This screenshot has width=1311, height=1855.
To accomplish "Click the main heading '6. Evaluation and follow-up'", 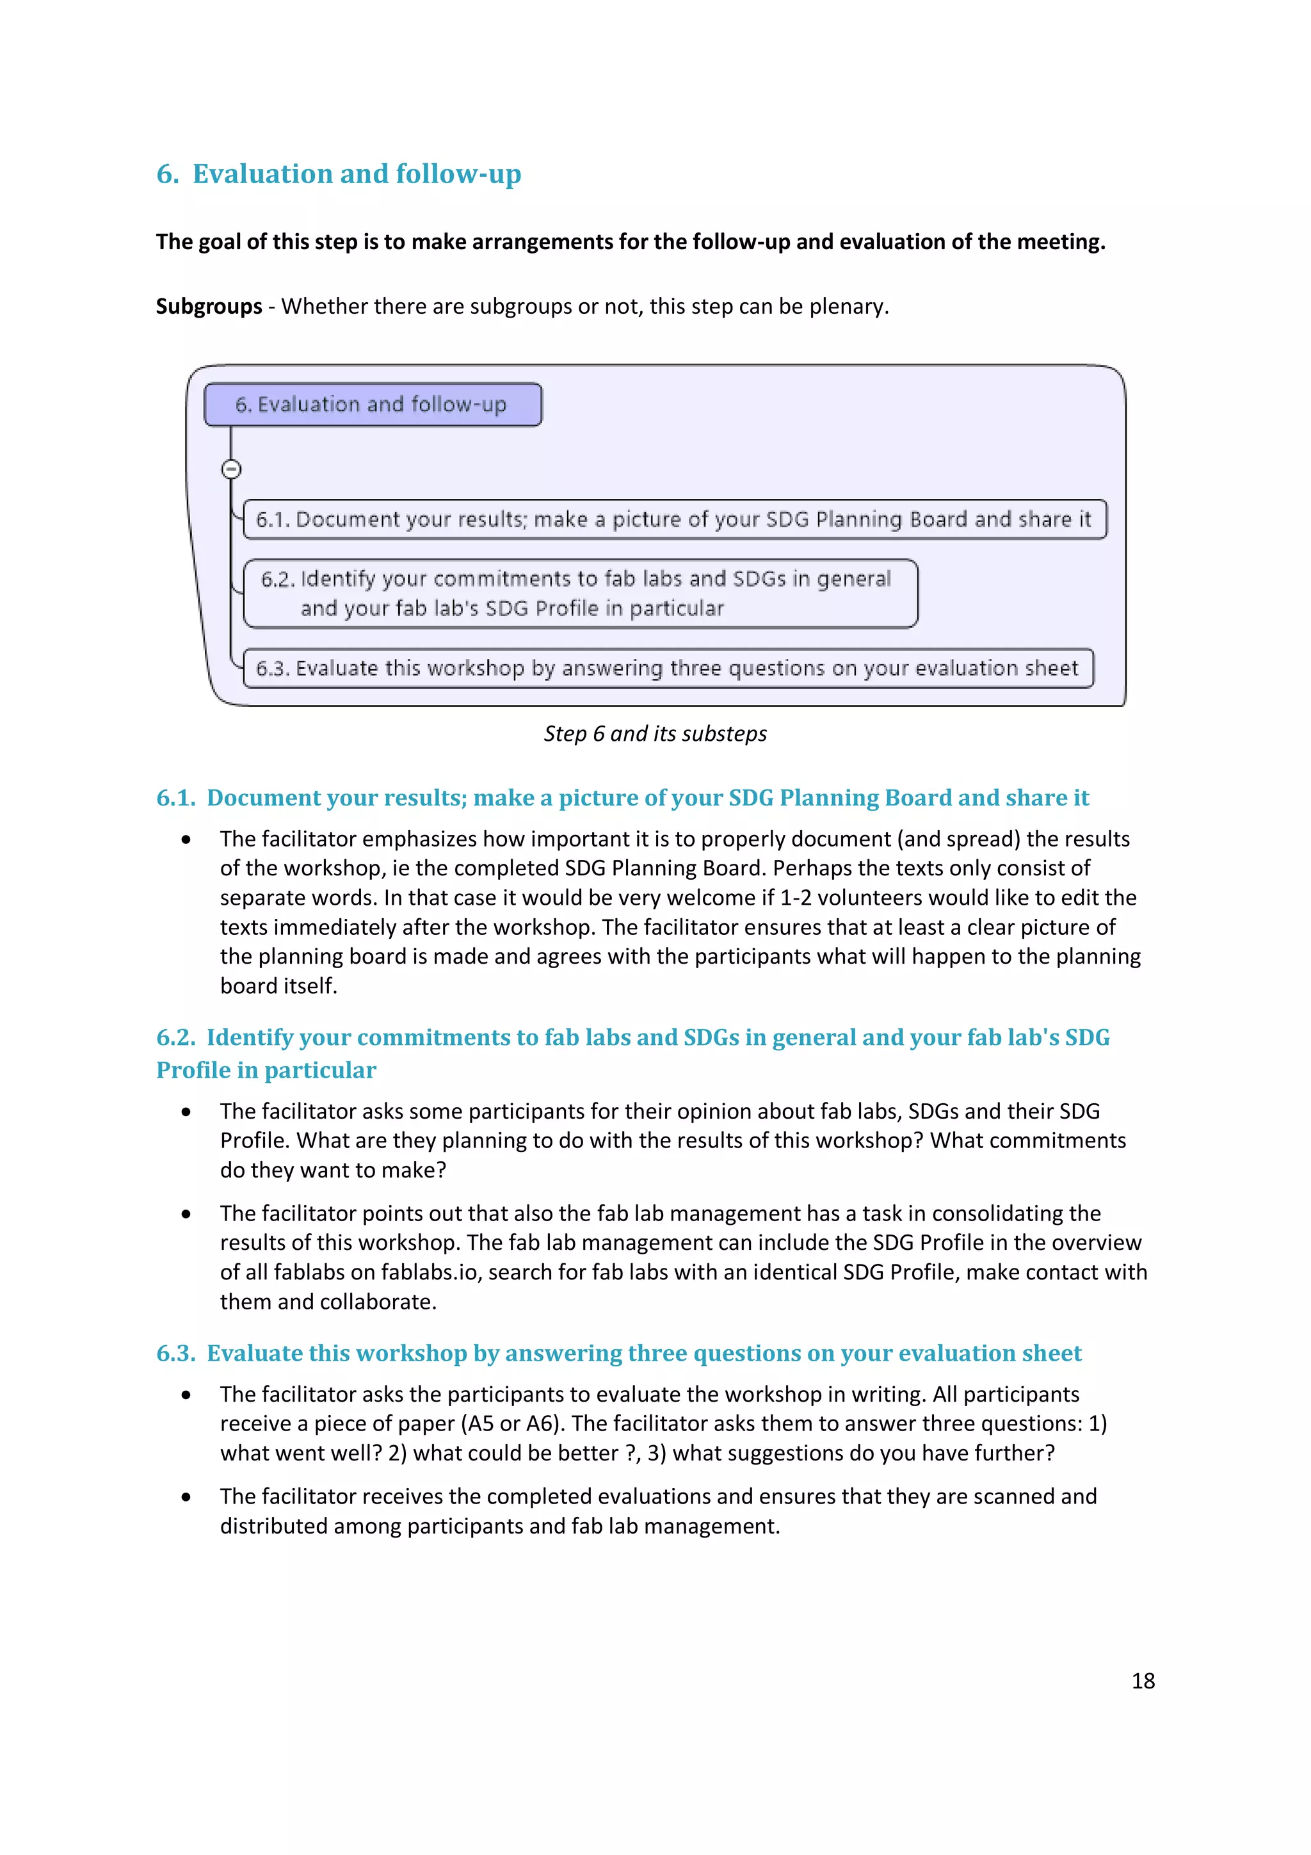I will (339, 174).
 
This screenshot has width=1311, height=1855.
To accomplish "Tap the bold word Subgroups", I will (209, 306).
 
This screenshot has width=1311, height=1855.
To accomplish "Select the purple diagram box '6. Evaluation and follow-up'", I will (373, 404).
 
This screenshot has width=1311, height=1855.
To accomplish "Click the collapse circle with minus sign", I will (231, 469).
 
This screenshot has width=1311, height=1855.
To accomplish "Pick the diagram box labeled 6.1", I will (673, 519).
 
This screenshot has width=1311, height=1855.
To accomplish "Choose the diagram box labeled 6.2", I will (580, 593).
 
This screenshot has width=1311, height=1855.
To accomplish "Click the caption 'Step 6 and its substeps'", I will (654, 734).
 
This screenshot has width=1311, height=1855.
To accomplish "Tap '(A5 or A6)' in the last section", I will (515, 1423).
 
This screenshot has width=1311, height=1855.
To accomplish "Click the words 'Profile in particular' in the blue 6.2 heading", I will (266, 1071).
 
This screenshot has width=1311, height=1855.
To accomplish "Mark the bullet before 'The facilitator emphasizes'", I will (186, 839).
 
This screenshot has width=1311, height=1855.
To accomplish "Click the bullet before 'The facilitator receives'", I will (186, 1497).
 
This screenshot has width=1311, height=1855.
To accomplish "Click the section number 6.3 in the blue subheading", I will (175, 1353).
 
